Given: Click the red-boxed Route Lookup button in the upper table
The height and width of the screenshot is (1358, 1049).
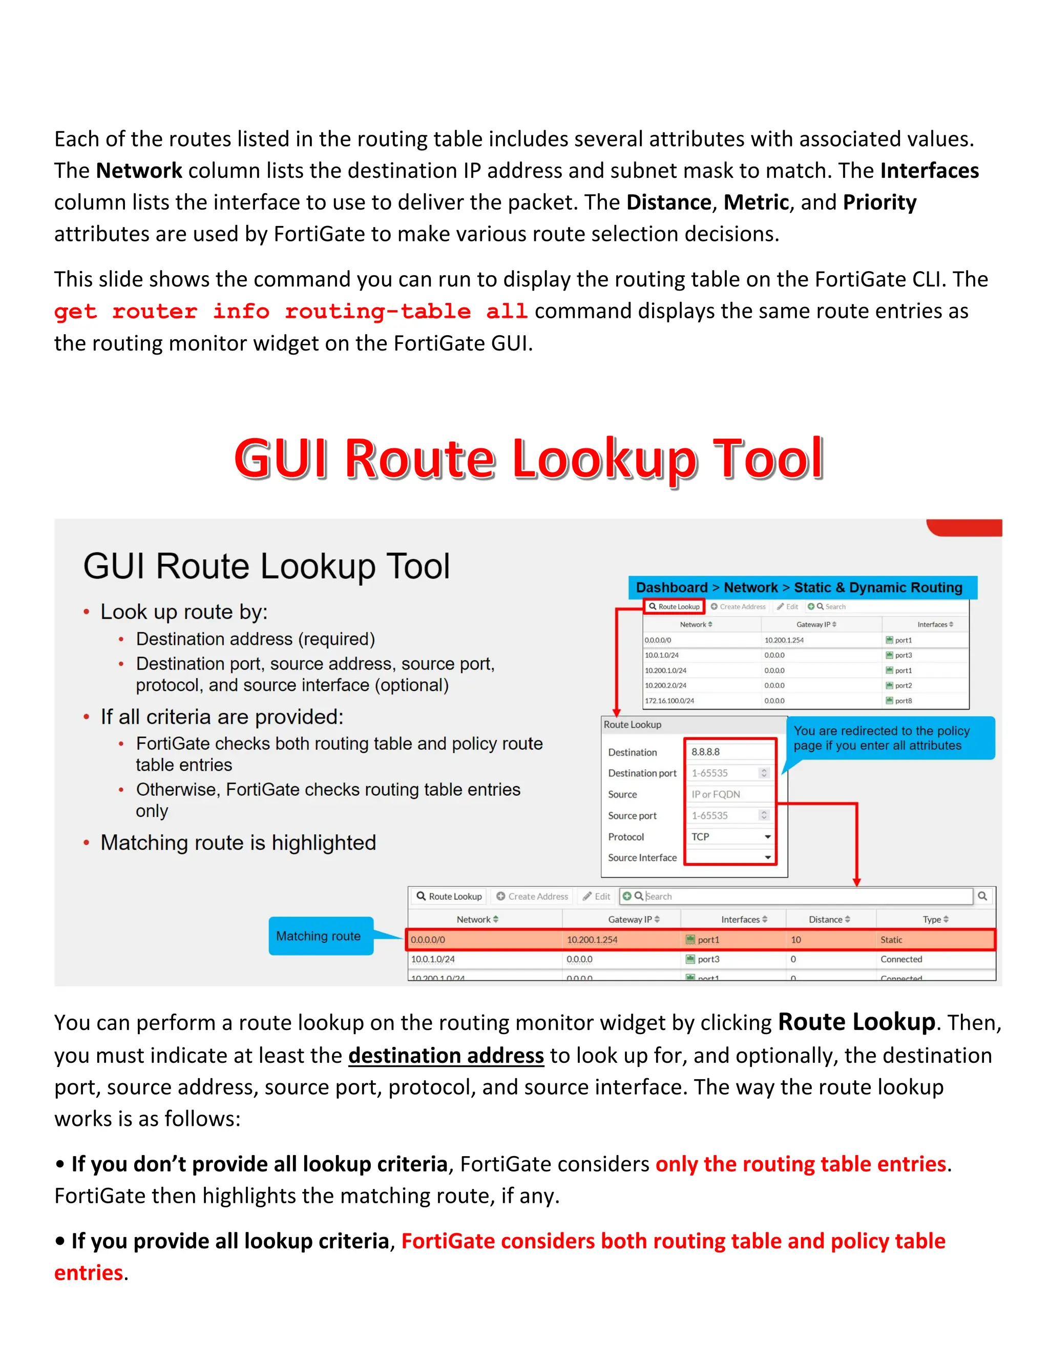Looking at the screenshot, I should (x=674, y=606).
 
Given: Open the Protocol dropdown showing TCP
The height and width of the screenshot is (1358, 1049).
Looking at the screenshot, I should (x=730, y=837).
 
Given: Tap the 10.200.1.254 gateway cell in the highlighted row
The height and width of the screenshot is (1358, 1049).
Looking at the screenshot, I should (x=592, y=939).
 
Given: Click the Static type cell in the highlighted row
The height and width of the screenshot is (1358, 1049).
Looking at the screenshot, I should (x=891, y=939).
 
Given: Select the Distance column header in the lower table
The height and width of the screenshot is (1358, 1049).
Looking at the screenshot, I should (x=829, y=919).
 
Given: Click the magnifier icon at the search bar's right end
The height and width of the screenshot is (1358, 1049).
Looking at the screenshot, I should (x=982, y=896).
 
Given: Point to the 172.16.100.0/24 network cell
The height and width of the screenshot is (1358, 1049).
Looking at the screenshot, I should (x=669, y=701).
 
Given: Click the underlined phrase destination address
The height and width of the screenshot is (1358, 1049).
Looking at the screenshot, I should (x=446, y=1055).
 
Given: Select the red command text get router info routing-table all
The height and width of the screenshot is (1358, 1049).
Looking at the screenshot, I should (x=290, y=311).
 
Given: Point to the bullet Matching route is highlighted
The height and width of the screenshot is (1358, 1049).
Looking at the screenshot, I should (x=238, y=842).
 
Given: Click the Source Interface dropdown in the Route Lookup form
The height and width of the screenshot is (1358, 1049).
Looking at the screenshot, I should (x=730, y=857).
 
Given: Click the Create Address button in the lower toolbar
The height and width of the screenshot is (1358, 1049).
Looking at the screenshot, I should (x=532, y=896).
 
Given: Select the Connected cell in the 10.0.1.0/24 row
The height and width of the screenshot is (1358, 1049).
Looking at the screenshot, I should (x=901, y=959).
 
